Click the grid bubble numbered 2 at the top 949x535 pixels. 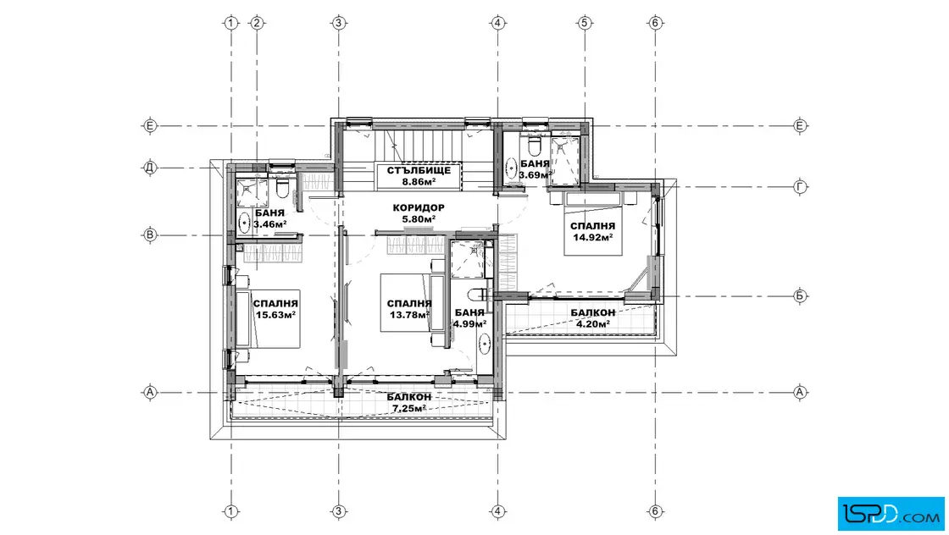[x=257, y=23]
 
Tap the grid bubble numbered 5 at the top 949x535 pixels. [x=584, y=23]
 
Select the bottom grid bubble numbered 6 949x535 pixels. [x=656, y=511]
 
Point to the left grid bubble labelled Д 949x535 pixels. [x=149, y=168]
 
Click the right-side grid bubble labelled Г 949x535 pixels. [x=800, y=187]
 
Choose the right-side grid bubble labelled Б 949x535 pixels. [x=800, y=296]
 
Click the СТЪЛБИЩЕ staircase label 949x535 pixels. [x=419, y=170]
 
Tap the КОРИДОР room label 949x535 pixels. [x=419, y=208]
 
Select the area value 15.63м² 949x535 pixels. [x=275, y=315]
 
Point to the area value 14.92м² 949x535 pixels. [x=593, y=237]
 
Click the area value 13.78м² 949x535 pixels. [x=410, y=315]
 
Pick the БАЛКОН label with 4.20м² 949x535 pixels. [x=593, y=312]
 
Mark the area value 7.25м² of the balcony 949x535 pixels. [x=409, y=408]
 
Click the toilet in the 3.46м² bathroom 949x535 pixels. [x=282, y=189]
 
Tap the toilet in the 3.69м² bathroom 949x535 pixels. [x=534, y=146]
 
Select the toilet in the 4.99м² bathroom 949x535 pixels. [x=479, y=295]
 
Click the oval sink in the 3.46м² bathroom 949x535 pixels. [x=245, y=222]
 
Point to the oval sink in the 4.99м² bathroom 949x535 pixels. [x=484, y=344]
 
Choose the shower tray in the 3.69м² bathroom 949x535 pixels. [x=565, y=160]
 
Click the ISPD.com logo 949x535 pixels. [x=891, y=514]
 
